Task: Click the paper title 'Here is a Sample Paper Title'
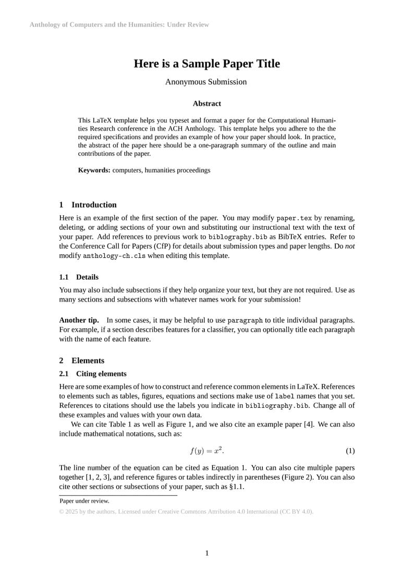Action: (x=206, y=64)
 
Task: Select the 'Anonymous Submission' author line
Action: (x=206, y=82)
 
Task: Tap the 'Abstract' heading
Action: (x=206, y=104)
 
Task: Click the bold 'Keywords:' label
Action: (x=94, y=170)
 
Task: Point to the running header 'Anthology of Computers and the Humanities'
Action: (x=119, y=24)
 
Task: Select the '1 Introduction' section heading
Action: (x=88, y=205)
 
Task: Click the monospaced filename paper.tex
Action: (x=294, y=218)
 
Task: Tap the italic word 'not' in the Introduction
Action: (x=350, y=246)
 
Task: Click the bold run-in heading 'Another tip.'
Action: (x=79, y=320)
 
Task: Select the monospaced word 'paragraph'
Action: (x=245, y=320)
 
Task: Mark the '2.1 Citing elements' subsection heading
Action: (x=93, y=374)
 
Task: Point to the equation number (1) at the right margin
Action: (x=350, y=451)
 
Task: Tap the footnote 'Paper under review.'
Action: (x=84, y=501)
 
